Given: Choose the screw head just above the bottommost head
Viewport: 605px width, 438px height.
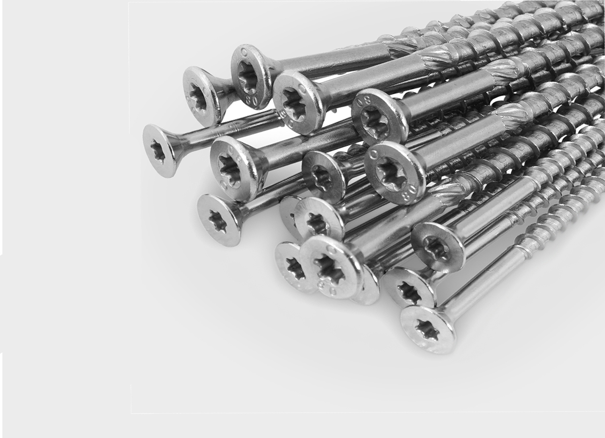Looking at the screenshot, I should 408,287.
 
